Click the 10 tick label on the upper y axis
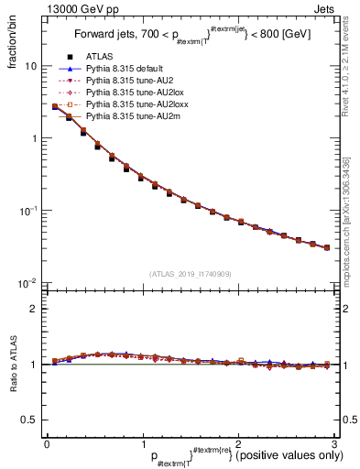(30, 66)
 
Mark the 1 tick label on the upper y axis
(34, 138)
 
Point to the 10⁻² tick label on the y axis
(28, 282)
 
